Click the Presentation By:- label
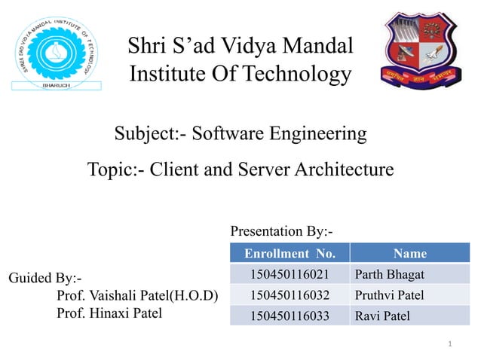click(281, 230)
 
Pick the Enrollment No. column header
click(290, 253)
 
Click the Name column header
click(409, 253)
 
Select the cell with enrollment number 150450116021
click(290, 273)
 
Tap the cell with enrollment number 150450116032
click(290, 294)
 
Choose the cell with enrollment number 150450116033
click(290, 316)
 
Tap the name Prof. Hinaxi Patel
click(109, 313)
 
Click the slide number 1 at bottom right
click(449, 344)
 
